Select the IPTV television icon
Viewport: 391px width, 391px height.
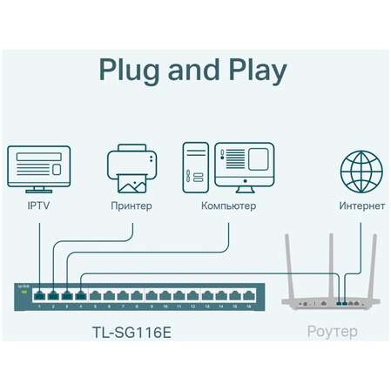tap(37, 169)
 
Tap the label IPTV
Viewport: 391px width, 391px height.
tap(37, 206)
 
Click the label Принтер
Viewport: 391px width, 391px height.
tap(131, 206)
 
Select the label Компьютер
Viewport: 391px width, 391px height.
tap(228, 206)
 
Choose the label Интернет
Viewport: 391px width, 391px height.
tap(361, 206)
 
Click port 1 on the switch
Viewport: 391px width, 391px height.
tap(40, 296)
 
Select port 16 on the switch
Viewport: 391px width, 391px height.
tap(250, 296)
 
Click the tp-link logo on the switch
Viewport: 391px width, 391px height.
tap(24, 287)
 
